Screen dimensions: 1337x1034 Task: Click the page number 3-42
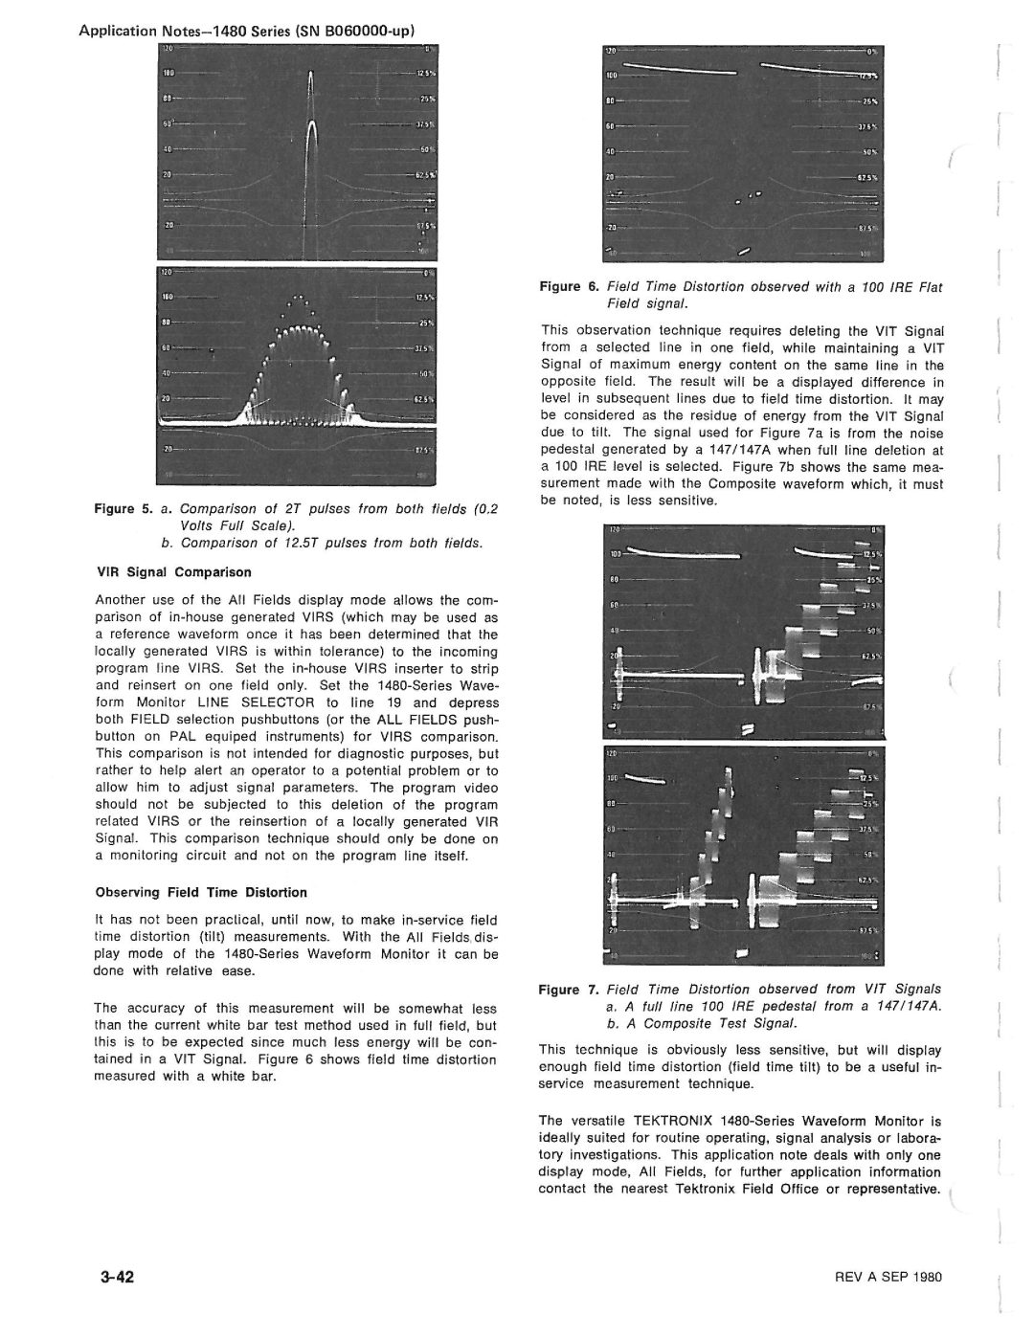(114, 1278)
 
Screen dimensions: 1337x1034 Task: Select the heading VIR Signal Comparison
(173, 572)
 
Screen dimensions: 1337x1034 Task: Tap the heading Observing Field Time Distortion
(201, 892)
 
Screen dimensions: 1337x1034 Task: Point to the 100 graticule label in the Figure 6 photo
(614, 73)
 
